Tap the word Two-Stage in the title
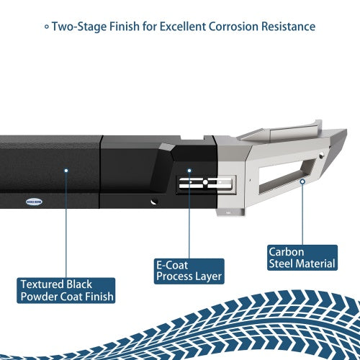[x=79, y=27]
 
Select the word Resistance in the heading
[x=289, y=27]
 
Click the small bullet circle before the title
[x=47, y=27]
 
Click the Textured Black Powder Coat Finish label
[x=66, y=291]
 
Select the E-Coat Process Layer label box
[x=189, y=271]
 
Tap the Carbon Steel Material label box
[x=302, y=258]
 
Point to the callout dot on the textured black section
[x=66, y=171]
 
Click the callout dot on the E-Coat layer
[x=189, y=171]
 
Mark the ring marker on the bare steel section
[x=302, y=181]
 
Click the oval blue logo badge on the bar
[x=34, y=202]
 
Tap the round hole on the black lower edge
[x=154, y=202]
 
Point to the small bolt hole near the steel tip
[x=321, y=155]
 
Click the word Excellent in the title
[x=183, y=27]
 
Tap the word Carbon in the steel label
[x=287, y=252]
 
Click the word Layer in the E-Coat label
[x=208, y=276]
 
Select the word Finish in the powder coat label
[x=99, y=297]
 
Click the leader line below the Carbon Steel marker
[x=302, y=215]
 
